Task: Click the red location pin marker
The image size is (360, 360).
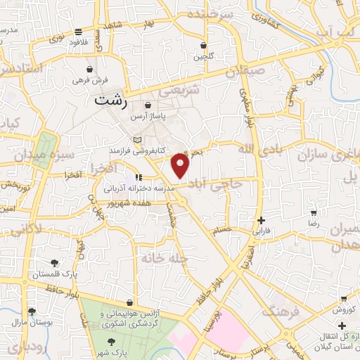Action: (181, 165)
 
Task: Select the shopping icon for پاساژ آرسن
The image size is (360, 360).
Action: (148, 105)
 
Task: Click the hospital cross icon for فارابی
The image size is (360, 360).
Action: (261, 220)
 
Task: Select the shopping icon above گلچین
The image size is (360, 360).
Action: (204, 44)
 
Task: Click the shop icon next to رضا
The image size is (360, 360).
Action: (314, 212)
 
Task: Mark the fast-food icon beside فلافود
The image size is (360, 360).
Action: (77, 31)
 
